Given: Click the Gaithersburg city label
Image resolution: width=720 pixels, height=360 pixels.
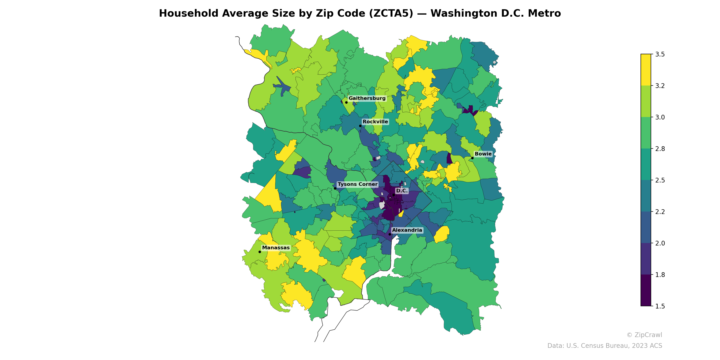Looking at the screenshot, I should point(367,98).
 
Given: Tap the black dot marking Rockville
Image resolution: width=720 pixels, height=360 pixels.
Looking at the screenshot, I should point(360,126).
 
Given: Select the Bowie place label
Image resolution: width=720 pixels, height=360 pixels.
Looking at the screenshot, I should point(483,154).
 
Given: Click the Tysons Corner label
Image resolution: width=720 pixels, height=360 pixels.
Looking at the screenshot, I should point(357,184).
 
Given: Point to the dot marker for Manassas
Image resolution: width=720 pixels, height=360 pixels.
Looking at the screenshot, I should point(260,252).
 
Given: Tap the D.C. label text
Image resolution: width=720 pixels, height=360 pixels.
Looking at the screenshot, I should point(402,191).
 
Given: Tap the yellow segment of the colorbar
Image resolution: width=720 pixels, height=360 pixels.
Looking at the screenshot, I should point(646,70).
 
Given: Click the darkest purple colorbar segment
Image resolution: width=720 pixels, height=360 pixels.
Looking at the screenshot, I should point(646,291).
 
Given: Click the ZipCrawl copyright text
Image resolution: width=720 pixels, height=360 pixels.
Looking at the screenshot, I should point(644,335).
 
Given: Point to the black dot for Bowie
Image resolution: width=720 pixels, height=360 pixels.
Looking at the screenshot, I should point(472,158).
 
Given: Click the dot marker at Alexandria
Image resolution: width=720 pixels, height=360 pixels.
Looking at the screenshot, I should point(390,234).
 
